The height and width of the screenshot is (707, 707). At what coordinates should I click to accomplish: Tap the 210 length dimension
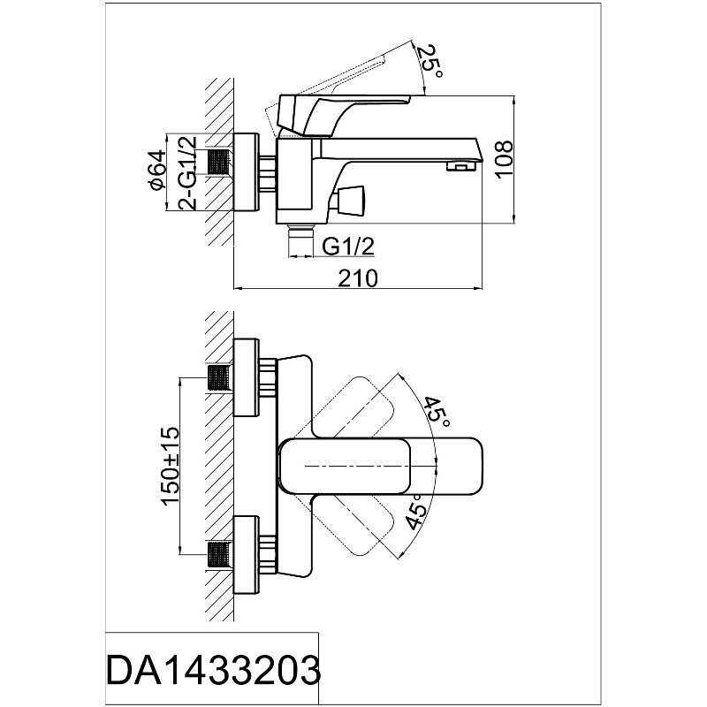point(358,278)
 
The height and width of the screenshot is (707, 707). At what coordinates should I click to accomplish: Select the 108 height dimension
point(504,160)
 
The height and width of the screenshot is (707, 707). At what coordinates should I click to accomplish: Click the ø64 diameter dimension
point(158,170)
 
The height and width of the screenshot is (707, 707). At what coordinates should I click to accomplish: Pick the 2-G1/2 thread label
point(187,171)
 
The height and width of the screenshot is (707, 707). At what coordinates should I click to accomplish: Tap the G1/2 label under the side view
point(348,247)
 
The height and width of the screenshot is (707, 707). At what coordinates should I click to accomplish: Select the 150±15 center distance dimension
point(171,467)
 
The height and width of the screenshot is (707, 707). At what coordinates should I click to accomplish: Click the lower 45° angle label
point(415,511)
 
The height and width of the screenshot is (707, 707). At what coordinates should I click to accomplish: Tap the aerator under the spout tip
point(461,167)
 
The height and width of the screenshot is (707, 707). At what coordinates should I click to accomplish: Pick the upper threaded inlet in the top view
point(219,378)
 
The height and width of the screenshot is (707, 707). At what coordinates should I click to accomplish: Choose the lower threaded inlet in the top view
point(219,554)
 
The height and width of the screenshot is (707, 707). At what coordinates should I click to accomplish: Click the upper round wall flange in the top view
point(247,377)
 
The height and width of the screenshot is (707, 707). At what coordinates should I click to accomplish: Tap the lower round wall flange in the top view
point(247,555)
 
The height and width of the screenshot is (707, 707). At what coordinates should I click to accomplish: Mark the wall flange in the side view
point(247,171)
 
